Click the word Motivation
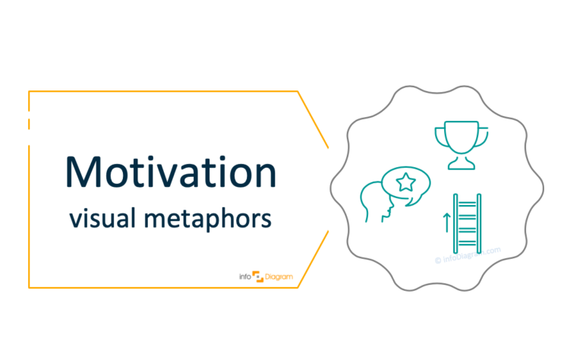click(x=169, y=172)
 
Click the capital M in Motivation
click(x=82, y=172)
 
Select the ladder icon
click(x=464, y=223)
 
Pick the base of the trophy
click(x=459, y=165)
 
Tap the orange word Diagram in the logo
click(x=276, y=277)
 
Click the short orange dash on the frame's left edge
click(x=29, y=124)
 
